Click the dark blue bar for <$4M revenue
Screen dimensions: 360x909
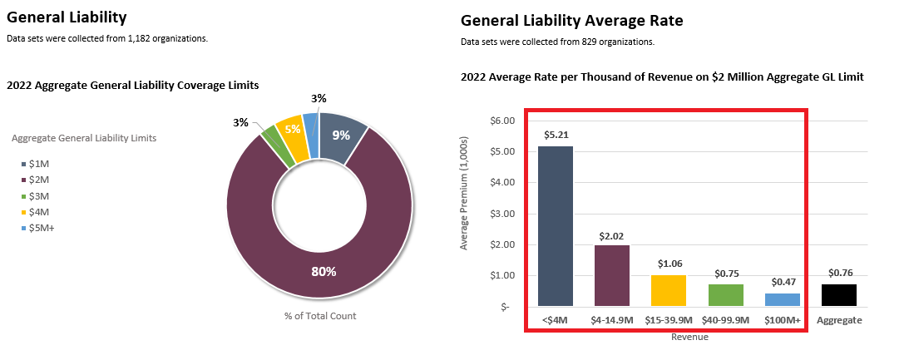tap(556, 226)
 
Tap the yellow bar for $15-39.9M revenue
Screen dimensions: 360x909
tap(668, 290)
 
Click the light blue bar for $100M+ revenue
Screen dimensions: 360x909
tap(783, 299)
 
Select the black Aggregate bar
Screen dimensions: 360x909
tap(839, 295)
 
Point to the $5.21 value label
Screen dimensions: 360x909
tap(556, 134)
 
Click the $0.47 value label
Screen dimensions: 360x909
tap(783, 282)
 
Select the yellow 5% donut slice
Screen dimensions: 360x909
tap(289, 131)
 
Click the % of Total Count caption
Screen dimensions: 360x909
tap(319, 316)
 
